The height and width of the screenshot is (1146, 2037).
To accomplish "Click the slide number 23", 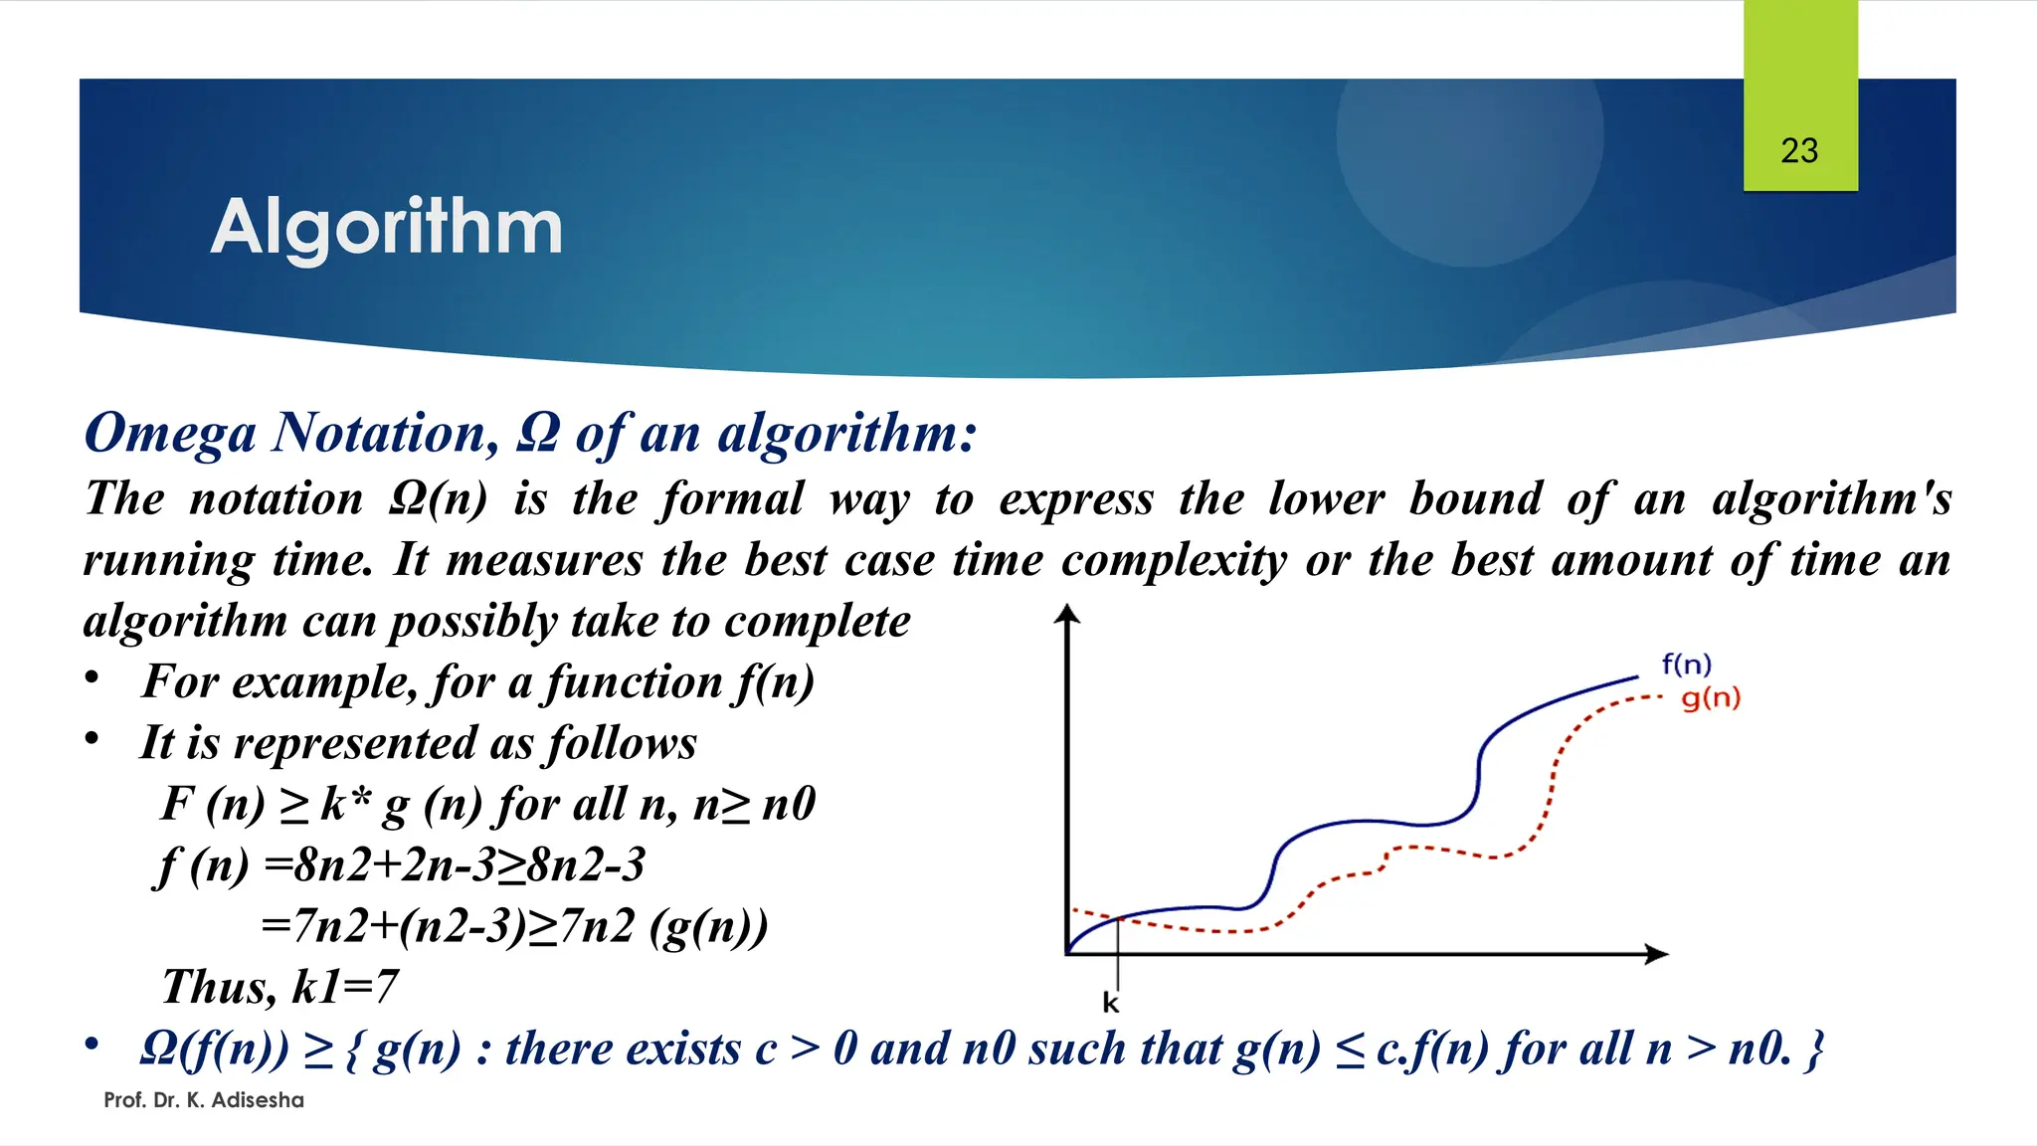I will coord(1799,151).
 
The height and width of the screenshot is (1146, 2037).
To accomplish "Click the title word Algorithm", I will coord(387,228).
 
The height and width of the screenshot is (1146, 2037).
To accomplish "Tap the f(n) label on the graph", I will coord(1686,665).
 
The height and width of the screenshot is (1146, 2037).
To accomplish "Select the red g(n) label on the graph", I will coord(1711,698).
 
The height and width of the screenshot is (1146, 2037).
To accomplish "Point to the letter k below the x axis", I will coord(1110,1003).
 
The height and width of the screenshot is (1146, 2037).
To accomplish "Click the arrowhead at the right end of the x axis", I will coord(1657,954).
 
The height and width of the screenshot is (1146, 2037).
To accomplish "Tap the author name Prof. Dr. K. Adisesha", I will coord(204,1100).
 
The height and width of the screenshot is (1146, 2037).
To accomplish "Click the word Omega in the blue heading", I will coord(170,434).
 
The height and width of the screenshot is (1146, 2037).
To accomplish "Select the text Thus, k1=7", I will coord(279,987).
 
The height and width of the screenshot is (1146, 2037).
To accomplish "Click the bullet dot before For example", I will coord(93,678).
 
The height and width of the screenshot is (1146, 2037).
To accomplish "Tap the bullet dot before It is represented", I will coord(93,739).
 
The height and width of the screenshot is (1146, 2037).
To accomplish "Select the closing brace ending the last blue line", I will coord(1814,1050).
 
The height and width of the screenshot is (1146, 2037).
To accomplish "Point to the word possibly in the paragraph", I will coord(472,623).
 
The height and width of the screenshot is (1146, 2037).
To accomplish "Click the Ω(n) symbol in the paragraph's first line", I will coord(438,498).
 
